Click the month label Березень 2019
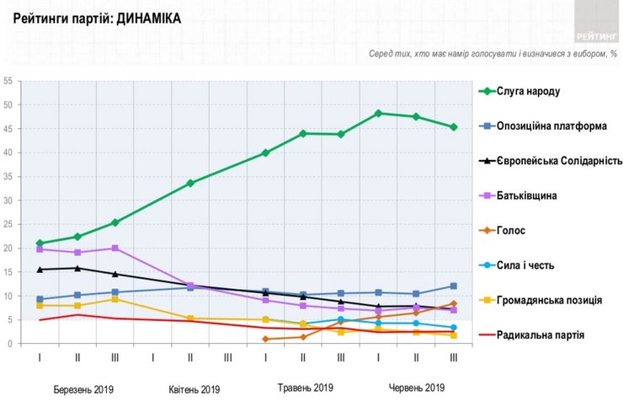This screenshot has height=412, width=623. click(83, 389)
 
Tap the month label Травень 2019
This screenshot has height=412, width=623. click(306, 388)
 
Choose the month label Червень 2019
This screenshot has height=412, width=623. click(416, 388)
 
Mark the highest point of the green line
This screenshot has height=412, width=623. click(379, 113)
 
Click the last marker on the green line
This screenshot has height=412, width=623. click(454, 127)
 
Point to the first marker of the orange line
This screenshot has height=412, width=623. click(265, 339)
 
